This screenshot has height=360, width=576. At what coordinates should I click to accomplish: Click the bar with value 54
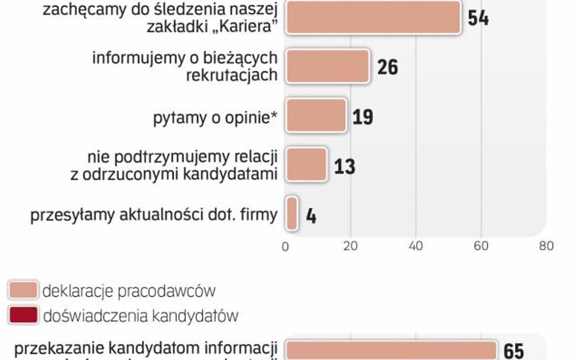click(372, 17)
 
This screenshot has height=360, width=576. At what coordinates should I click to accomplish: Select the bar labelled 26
click(327, 66)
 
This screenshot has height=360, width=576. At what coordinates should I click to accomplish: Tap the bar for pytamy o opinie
click(315, 115)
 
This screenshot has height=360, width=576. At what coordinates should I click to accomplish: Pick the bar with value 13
click(306, 164)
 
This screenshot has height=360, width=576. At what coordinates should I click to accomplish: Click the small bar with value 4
click(292, 214)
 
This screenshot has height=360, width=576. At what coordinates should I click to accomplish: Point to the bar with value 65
click(391, 352)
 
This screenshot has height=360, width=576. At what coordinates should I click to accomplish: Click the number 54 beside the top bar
click(478, 18)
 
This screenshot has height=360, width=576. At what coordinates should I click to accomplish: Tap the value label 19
click(363, 117)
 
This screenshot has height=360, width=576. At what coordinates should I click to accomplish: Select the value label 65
click(513, 352)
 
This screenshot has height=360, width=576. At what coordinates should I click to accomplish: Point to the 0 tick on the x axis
click(285, 245)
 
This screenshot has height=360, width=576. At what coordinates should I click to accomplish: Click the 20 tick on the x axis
click(350, 245)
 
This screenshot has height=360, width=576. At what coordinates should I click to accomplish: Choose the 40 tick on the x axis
click(416, 245)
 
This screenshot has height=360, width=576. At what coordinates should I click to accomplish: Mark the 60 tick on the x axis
click(481, 245)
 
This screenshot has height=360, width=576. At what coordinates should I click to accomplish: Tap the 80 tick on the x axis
click(546, 245)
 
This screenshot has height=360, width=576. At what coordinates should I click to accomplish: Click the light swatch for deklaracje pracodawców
click(22, 290)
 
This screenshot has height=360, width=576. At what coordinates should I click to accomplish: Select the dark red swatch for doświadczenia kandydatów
click(22, 316)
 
